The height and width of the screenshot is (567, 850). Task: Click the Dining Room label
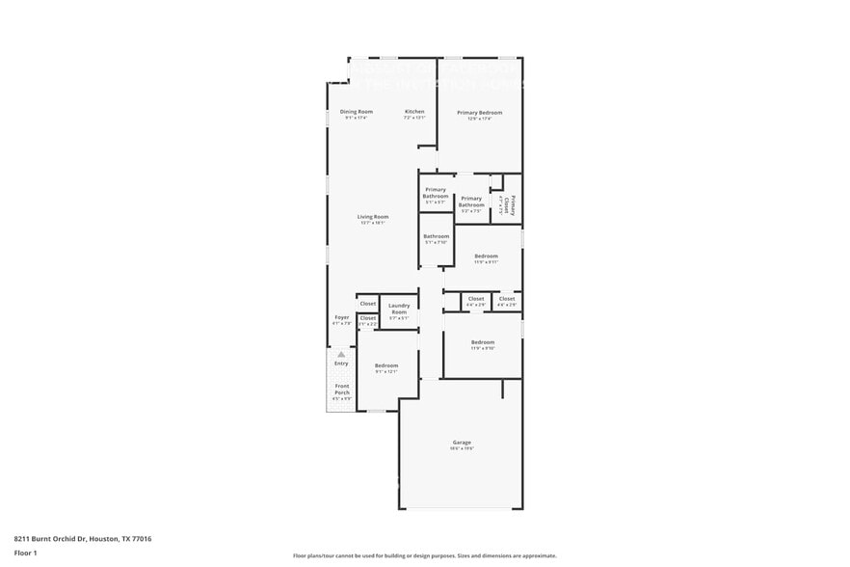(x=356, y=112)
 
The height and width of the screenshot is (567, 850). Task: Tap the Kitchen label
(x=414, y=112)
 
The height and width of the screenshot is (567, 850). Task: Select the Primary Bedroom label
(x=479, y=113)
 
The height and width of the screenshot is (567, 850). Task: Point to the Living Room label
(x=373, y=217)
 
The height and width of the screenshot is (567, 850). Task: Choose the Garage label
(x=462, y=442)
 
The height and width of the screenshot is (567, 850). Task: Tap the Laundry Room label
(x=399, y=310)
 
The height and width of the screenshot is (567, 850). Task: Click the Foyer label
(x=342, y=317)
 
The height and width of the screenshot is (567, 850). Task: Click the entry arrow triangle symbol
(x=341, y=354)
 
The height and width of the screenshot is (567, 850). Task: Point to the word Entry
(x=341, y=364)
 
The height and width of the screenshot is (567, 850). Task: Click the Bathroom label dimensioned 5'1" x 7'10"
(x=436, y=236)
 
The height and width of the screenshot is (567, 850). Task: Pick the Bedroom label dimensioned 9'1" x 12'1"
(x=386, y=365)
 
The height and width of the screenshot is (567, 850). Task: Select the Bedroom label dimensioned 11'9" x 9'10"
(x=483, y=342)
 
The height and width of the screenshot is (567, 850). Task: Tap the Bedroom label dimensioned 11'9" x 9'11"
(x=486, y=256)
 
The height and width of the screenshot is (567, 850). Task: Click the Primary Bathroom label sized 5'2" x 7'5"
(x=471, y=202)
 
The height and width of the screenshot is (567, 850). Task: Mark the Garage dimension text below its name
(x=462, y=448)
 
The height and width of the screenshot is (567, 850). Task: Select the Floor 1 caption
(x=25, y=553)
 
